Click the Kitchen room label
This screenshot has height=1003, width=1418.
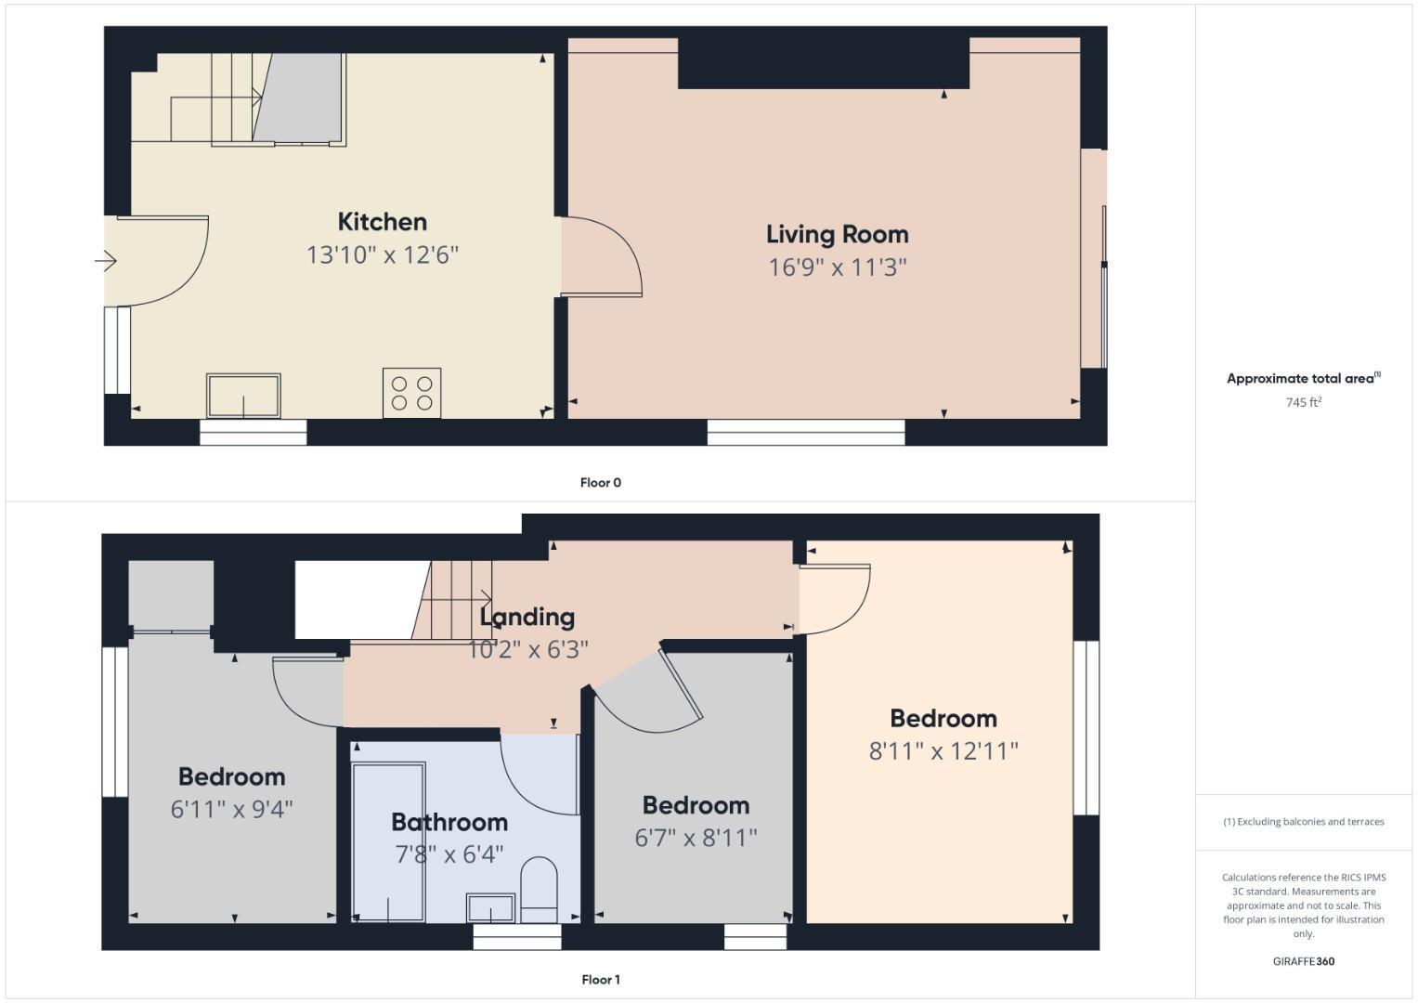tap(382, 222)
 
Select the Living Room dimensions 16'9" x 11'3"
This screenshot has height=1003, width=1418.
tap(837, 267)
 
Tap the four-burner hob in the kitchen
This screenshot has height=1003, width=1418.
tap(411, 393)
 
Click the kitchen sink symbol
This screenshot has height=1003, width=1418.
tap(243, 397)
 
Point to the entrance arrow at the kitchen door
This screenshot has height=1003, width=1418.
tap(105, 262)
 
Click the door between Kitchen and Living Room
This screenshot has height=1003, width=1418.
tap(602, 258)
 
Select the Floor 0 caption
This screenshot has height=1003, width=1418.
tap(600, 482)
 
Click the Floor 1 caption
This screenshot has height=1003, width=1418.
tap(600, 979)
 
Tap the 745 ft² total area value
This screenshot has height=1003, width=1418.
tap(1303, 402)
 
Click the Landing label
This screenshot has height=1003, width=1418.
tap(527, 617)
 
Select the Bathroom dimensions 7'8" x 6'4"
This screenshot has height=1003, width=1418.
tap(449, 853)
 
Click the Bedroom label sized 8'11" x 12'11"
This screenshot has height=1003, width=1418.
tap(943, 718)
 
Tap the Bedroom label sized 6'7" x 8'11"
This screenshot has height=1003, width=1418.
tap(695, 805)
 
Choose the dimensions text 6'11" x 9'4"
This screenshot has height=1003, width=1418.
tap(231, 809)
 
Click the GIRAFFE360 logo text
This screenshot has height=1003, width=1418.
tap(1303, 961)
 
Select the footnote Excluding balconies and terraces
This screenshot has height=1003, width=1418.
tap(1303, 822)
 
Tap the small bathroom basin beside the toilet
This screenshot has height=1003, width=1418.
tap(490, 908)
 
